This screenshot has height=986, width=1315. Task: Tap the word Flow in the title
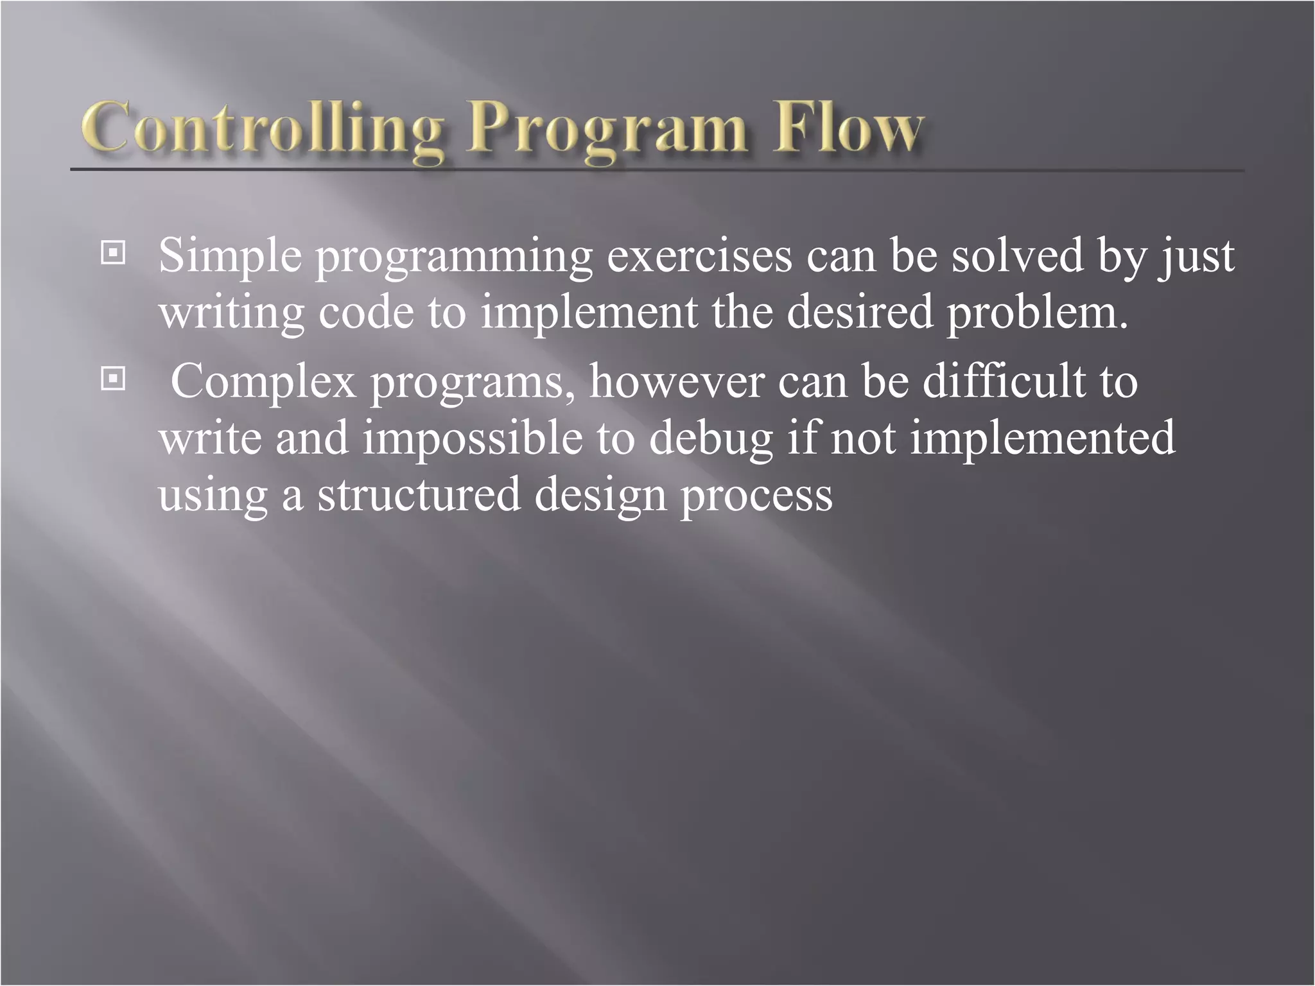tap(848, 128)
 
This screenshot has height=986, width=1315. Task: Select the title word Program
tap(607, 128)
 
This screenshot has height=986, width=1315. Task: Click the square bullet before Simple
tap(113, 254)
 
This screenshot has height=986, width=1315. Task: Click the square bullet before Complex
tap(113, 379)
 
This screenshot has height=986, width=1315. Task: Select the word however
tap(675, 381)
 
